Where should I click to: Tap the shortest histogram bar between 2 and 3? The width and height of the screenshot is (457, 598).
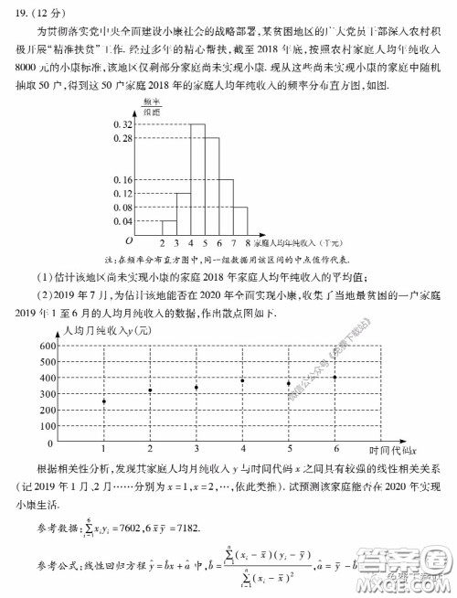coord(168,228)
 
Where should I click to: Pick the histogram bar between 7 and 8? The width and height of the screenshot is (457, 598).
coord(240,220)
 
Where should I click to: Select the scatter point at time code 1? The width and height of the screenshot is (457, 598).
coord(103,401)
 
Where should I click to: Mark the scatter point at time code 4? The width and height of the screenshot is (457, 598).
coord(242,380)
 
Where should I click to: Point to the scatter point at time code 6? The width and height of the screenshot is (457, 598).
coord(335,377)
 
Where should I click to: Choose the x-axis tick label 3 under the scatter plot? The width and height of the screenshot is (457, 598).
coord(196,447)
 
